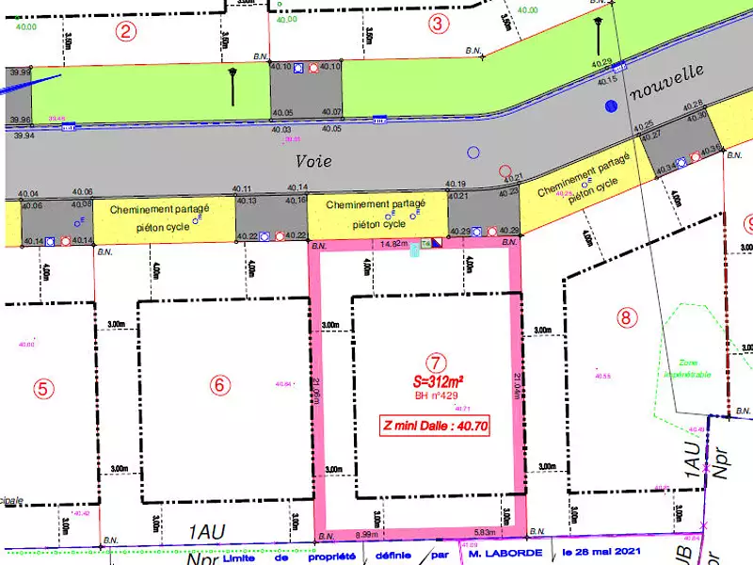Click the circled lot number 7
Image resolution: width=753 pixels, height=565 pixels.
tap(435, 362)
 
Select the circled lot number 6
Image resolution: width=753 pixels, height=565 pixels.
tap(219, 384)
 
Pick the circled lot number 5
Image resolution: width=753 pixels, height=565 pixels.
tap(41, 387)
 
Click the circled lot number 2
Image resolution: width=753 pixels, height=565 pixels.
tap(125, 30)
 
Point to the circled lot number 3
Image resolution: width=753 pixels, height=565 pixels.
tap(437, 24)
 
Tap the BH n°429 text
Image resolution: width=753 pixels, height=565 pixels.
tap(435, 395)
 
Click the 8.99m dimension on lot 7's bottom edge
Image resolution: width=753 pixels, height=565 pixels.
tap(366, 535)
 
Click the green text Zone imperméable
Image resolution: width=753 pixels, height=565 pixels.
tap(687, 368)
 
